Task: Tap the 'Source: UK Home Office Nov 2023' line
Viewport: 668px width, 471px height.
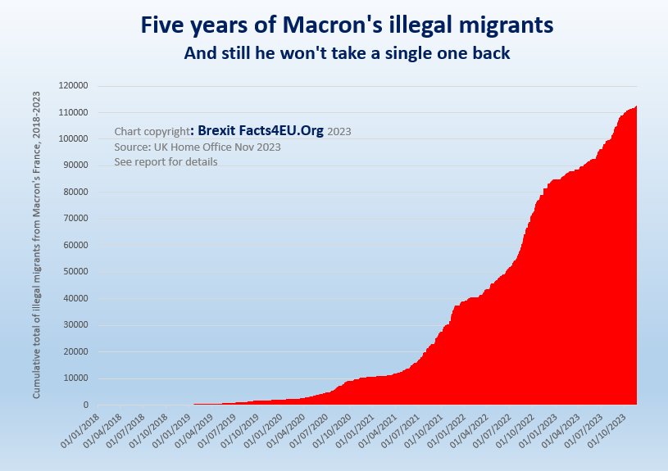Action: pos(198,147)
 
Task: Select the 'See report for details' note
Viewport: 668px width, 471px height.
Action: pos(166,161)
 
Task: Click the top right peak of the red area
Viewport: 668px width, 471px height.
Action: pos(636,107)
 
